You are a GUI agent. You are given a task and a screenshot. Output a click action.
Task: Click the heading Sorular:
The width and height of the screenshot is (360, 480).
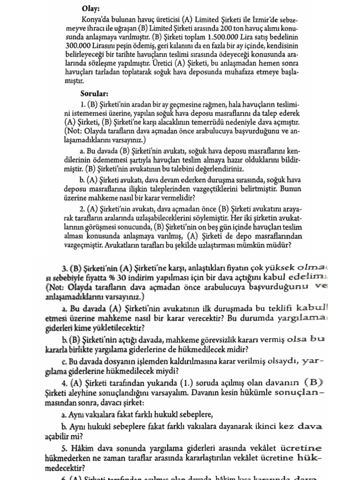94,93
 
